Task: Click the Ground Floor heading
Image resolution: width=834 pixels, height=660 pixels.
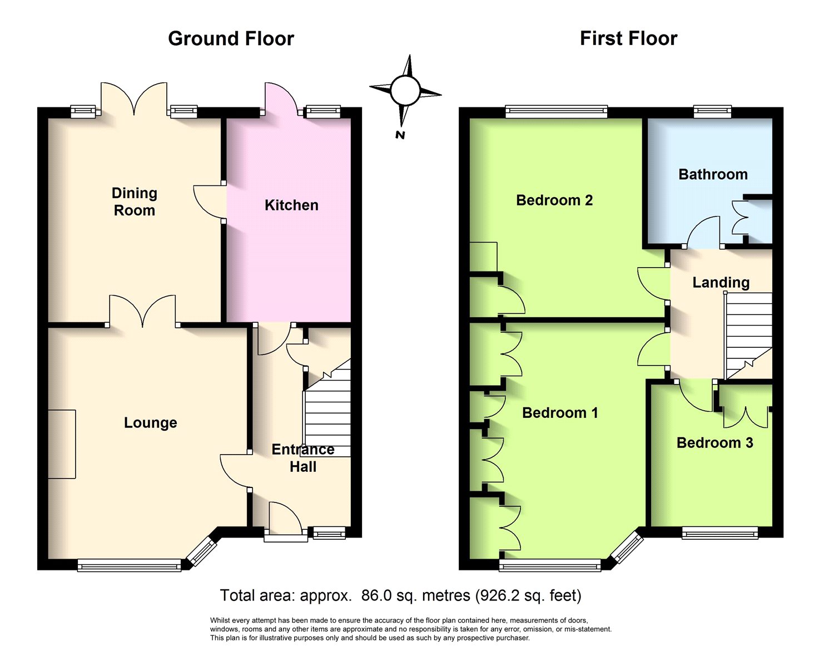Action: pyautogui.click(x=231, y=39)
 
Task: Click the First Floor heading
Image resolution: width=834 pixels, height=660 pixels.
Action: pyautogui.click(x=629, y=39)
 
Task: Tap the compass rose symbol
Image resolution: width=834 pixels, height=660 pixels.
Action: pyautogui.click(x=405, y=90)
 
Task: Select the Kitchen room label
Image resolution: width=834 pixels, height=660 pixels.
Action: pyautogui.click(x=291, y=205)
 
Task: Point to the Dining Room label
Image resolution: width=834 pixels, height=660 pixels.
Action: pyautogui.click(x=135, y=201)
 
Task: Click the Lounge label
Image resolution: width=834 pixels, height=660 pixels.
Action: pyautogui.click(x=150, y=422)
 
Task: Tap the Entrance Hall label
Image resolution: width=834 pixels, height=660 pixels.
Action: pyautogui.click(x=303, y=458)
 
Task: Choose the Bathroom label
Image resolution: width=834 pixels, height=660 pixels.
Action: pyautogui.click(x=713, y=174)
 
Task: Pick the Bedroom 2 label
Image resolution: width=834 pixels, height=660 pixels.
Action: pyautogui.click(x=554, y=200)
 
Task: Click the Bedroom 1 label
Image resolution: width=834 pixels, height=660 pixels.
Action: pyautogui.click(x=560, y=412)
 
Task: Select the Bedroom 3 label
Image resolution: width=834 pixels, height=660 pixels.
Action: pyautogui.click(x=714, y=443)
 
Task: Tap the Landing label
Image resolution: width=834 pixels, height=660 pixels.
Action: pyautogui.click(x=721, y=283)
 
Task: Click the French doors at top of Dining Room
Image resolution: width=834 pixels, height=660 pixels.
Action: pyautogui.click(x=134, y=99)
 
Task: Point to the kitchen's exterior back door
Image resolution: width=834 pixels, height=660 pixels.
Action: pyautogui.click(x=282, y=99)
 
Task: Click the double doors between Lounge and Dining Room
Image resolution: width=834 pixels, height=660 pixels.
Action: pyautogui.click(x=142, y=311)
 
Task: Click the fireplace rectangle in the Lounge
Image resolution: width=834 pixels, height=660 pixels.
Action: pyautogui.click(x=62, y=444)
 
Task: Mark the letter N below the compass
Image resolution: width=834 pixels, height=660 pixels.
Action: pyautogui.click(x=400, y=135)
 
